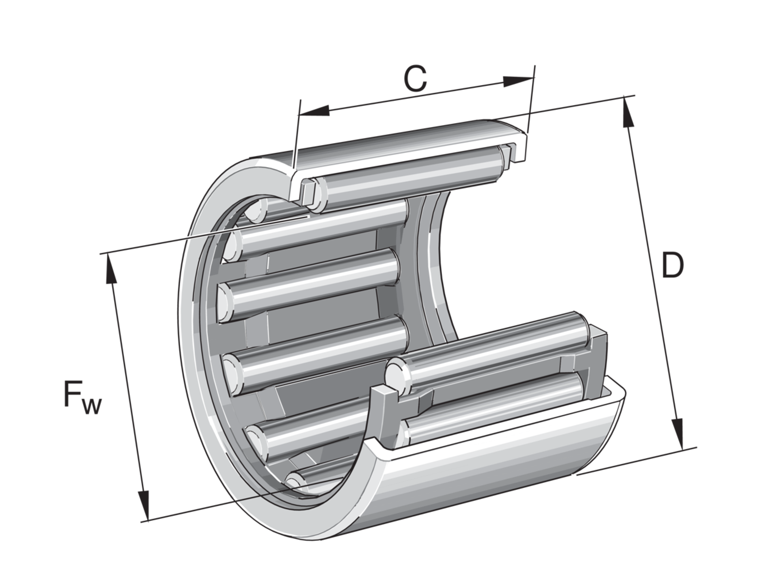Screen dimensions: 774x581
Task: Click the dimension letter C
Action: (x=415, y=78)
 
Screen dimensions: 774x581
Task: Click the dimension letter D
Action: (x=672, y=264)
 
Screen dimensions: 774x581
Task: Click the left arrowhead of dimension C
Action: (x=314, y=110)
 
